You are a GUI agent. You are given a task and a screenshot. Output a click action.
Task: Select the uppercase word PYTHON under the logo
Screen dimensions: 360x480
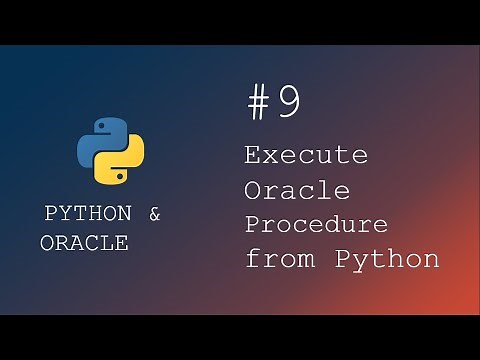click(88, 214)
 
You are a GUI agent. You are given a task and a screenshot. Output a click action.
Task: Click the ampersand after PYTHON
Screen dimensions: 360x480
click(154, 214)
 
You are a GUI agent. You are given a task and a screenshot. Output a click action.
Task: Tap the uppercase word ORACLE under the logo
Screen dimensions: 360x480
click(84, 243)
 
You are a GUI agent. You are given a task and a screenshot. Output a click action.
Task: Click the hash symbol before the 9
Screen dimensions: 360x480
click(260, 102)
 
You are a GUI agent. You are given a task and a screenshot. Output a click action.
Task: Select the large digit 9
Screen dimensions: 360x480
click(288, 102)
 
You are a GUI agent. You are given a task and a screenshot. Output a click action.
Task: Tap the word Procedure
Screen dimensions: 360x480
click(316, 224)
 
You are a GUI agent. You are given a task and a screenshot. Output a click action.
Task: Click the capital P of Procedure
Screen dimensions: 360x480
click(254, 223)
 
